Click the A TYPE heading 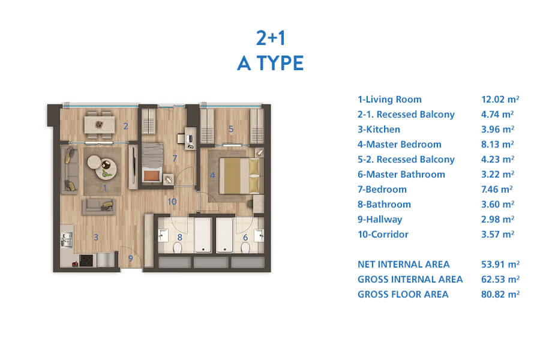[271, 63]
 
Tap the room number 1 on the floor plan [105, 188]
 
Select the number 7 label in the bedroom [175, 158]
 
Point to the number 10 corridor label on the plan [172, 202]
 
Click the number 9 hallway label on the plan [131, 258]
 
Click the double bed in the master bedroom [239, 175]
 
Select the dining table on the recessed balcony [100, 124]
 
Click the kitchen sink [67, 239]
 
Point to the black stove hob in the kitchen [86, 260]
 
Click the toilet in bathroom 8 [177, 247]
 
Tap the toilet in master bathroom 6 [245, 247]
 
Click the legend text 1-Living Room [389, 100]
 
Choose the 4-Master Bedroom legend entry [400, 145]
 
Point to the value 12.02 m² [500, 99]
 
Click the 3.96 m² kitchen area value [497, 129]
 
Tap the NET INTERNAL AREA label [404, 264]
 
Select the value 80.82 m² [500, 294]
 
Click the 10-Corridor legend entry [383, 234]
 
